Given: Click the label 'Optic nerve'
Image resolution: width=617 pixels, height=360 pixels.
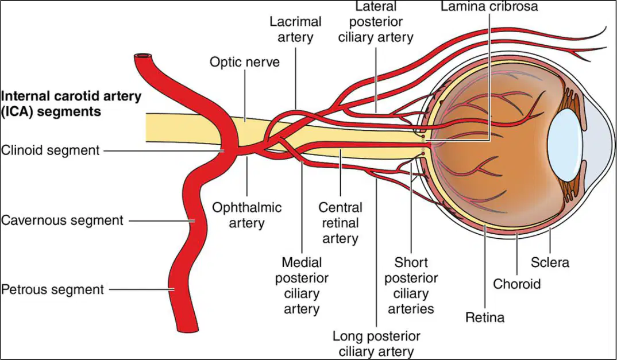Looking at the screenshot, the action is click(244, 62).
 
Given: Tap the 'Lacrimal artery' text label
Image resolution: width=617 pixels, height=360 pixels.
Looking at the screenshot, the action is click(295, 29).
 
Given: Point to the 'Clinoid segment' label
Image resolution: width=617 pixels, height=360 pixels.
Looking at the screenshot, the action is click(51, 150).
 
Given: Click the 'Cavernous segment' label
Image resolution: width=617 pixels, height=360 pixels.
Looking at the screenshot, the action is click(62, 220).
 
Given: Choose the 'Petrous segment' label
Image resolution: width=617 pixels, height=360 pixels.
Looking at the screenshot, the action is click(53, 289).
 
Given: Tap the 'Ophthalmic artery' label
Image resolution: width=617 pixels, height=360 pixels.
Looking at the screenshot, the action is click(246, 215).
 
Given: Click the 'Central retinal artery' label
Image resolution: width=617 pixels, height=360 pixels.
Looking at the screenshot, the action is click(340, 223).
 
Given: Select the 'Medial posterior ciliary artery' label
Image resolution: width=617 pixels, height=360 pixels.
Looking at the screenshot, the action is click(302, 285).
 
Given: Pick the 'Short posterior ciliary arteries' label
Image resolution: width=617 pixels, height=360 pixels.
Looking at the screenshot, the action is click(411, 285).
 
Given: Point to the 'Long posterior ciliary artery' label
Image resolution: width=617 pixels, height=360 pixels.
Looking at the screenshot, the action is click(376, 344).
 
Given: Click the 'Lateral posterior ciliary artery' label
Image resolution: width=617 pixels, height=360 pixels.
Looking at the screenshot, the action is click(375, 22).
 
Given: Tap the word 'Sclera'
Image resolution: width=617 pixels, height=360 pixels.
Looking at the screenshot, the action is click(550, 262).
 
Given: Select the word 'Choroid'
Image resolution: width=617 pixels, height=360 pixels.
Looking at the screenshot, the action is click(516, 284).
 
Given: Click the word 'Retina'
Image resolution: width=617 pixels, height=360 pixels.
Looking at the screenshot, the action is click(485, 318).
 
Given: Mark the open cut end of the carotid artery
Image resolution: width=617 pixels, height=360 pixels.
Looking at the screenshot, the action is click(143, 57).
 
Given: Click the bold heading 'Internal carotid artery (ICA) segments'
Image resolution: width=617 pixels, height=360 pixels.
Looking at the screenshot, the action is click(71, 104).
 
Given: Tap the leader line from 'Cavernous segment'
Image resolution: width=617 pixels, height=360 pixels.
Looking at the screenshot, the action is click(162, 220).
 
